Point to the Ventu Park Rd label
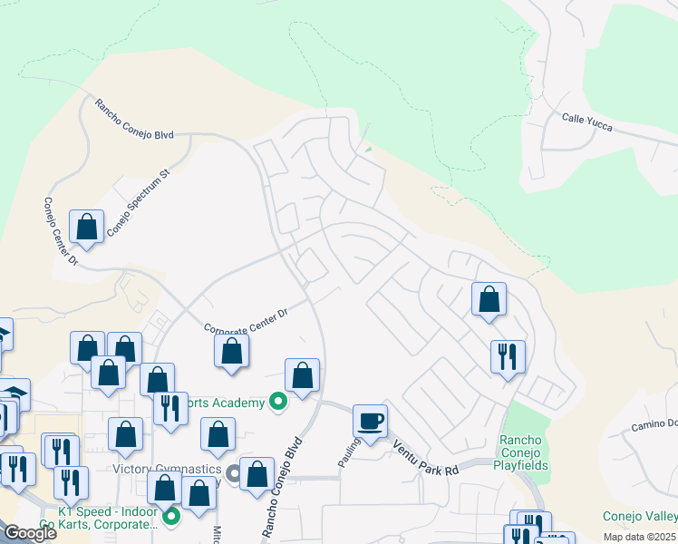[x=425, y=457]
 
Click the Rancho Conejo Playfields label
[x=521, y=452]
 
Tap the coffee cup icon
[x=370, y=421]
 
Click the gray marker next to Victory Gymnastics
[x=235, y=472]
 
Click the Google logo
[x=30, y=533]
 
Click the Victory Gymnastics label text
[x=167, y=470]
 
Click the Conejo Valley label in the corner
[x=640, y=517]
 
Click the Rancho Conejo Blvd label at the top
[x=134, y=120]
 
